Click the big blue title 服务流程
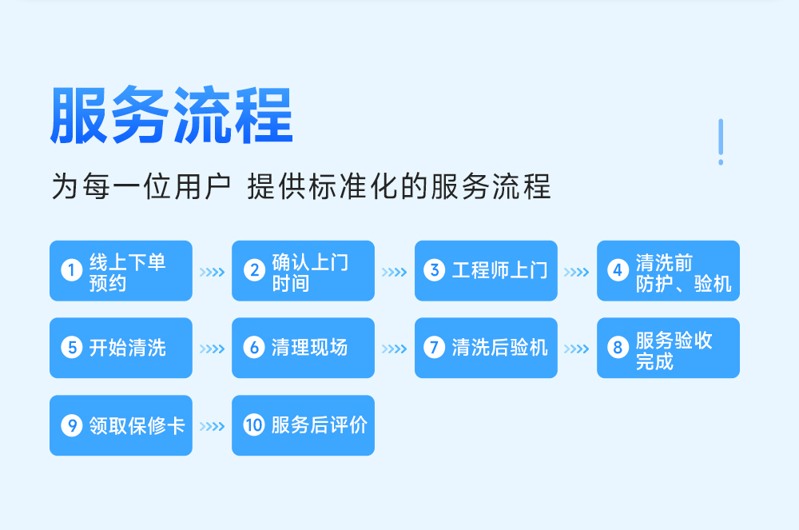coord(172,116)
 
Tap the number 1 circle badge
coord(71,271)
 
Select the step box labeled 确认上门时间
coord(303,271)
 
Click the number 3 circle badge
coord(435,271)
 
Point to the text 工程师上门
coord(500,271)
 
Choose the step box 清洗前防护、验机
coord(668,271)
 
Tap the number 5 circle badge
coord(71,348)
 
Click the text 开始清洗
coord(127,348)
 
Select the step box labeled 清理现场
coord(303,348)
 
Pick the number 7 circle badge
coord(435,348)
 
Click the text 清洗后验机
coord(500,348)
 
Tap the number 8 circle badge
coord(618,348)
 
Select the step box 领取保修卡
coord(121,425)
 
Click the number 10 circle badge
coord(254,425)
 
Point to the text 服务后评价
coord(319,425)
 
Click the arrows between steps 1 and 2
coord(212,272)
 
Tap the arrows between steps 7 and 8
coord(577,349)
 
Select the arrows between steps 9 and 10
coord(212,426)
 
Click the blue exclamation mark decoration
coord(721,142)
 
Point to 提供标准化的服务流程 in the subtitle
coord(399,186)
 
